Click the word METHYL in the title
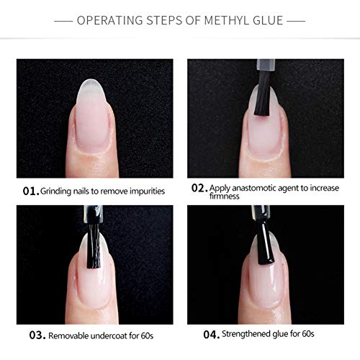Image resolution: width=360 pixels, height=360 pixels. point(224,20)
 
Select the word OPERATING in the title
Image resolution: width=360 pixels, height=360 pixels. point(109,20)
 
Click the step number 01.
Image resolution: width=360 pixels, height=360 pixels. point(31,192)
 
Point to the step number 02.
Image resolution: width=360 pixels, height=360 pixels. point(199,188)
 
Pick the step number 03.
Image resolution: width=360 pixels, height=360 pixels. point(37,336)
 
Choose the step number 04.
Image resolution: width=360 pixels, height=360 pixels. point(212,334)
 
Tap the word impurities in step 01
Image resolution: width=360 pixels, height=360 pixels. point(147,192)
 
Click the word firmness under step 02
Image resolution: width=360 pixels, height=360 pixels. point(224,196)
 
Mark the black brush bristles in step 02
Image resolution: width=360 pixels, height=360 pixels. point(263,96)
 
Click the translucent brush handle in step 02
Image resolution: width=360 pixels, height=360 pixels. point(266,66)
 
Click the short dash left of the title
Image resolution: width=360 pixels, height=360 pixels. point(63,21)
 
